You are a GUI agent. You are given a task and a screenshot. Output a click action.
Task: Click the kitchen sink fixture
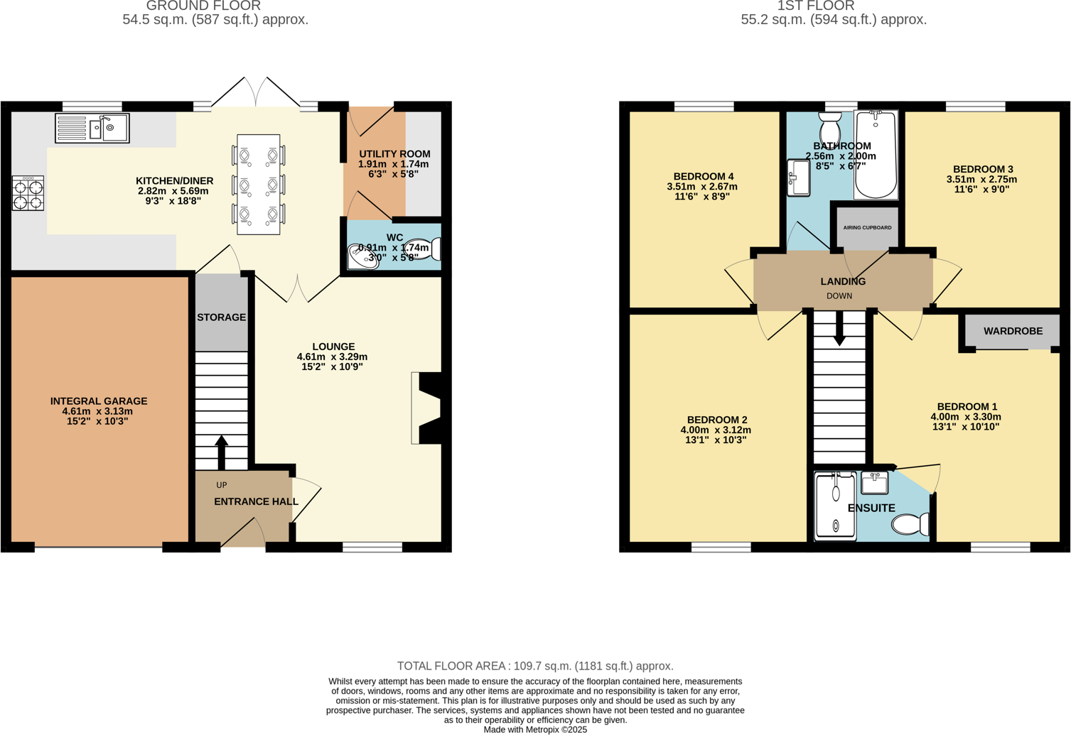point(92,129)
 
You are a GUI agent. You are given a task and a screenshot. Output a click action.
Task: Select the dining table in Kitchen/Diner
point(258,185)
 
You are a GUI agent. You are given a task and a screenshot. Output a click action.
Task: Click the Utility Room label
point(394,154)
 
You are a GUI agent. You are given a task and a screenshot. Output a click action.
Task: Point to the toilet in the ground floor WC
point(429,249)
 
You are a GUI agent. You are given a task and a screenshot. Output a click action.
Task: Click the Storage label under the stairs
point(221,317)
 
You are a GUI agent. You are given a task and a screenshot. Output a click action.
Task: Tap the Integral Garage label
point(99,401)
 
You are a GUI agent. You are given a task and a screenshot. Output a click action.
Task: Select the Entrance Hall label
point(256,501)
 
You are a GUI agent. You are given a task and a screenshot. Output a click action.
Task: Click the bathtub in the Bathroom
point(876,154)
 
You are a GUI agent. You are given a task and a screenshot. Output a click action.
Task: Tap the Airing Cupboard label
point(867,228)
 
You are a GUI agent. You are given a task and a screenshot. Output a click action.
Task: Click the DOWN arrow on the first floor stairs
point(839,329)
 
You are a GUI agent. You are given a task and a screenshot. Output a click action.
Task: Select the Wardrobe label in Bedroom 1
point(1013,331)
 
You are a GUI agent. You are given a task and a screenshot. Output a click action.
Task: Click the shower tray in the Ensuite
point(835,505)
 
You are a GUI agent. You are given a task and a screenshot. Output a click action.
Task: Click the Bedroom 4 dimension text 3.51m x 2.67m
point(701,187)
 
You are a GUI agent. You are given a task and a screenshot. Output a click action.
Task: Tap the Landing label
point(843,281)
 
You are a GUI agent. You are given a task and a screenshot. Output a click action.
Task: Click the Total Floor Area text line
point(535,666)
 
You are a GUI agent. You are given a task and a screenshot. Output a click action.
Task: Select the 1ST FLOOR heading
point(815,6)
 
